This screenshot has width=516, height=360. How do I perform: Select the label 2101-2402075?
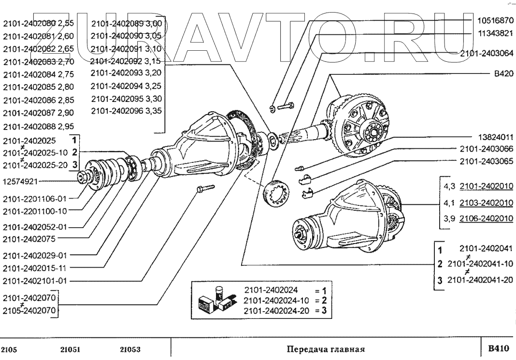click(x=29, y=238)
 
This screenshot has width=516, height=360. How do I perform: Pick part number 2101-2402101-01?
click(x=34, y=280)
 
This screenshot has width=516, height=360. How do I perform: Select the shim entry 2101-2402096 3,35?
click(x=126, y=111)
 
